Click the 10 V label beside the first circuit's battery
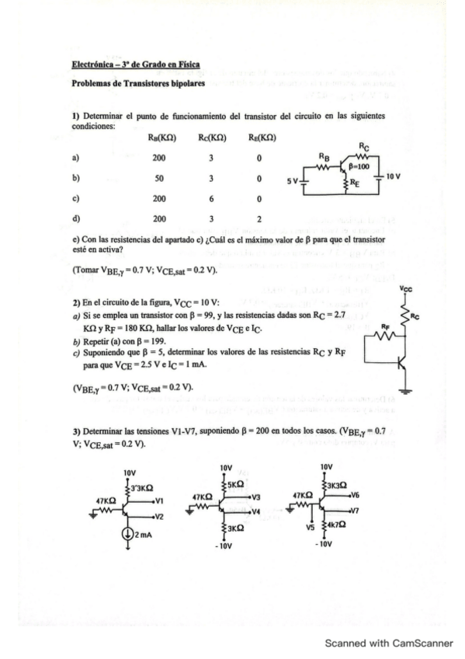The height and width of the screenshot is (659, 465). click(x=394, y=177)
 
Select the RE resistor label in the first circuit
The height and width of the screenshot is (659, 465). click(x=355, y=184)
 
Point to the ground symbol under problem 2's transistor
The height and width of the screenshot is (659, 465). click(x=407, y=389)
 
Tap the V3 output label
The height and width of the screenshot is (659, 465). click(x=255, y=497)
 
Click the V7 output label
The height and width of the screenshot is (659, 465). click(x=355, y=511)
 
